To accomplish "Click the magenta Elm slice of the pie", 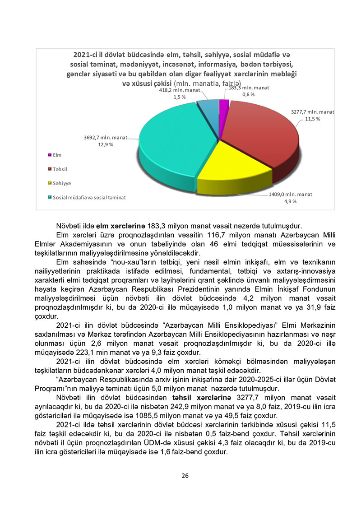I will pos(224,106).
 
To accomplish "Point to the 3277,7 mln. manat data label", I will pos(312,111).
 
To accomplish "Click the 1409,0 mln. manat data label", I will pos(290,194).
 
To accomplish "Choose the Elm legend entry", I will pos(57,155).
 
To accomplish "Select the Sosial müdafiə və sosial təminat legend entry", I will pos(89,197).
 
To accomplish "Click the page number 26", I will pos(185,475).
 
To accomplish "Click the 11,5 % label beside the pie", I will pos(312,119).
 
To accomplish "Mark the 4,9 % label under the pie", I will pos(290,201).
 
